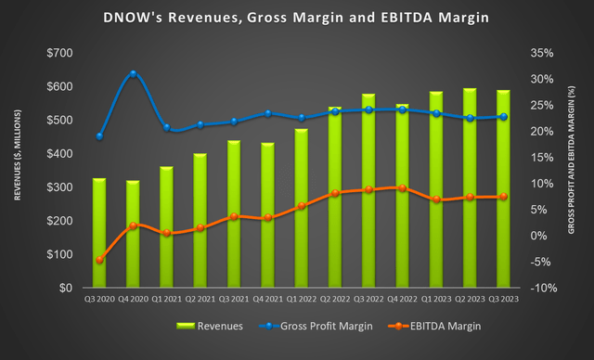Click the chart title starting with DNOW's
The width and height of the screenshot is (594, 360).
tap(297, 18)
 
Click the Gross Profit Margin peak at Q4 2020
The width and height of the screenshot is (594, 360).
tap(134, 73)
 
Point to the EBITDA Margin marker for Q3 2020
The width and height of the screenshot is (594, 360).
tap(99, 260)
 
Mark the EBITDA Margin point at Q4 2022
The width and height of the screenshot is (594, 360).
tap(402, 188)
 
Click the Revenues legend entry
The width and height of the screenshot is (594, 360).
tap(212, 326)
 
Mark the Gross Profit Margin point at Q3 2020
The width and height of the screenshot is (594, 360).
tap(99, 136)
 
